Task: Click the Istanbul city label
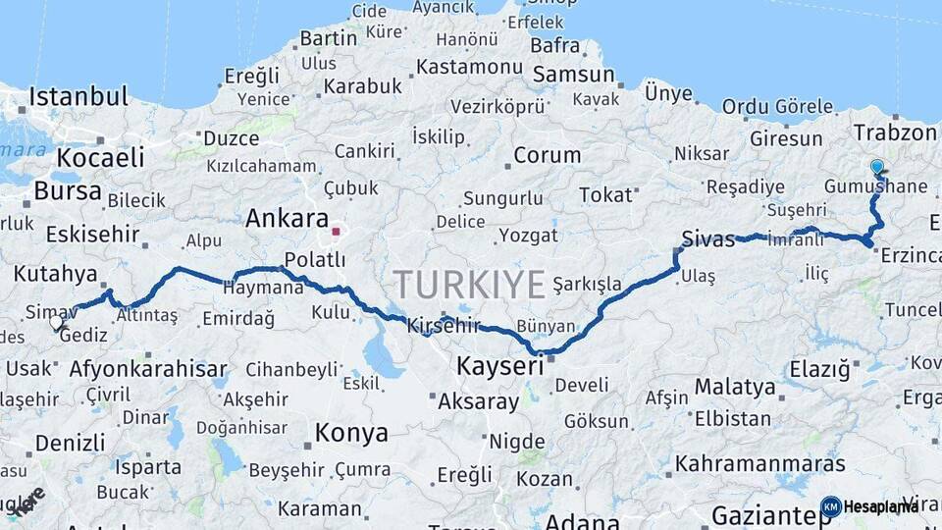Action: click(78, 96)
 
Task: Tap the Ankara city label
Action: click(286, 218)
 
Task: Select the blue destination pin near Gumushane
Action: click(876, 168)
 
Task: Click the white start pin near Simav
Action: click(57, 321)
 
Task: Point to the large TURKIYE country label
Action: click(469, 285)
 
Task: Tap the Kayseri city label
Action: click(500, 366)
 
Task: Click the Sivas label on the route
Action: click(708, 238)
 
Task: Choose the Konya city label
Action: click(351, 433)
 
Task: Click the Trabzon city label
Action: click(895, 132)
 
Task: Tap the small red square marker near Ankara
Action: click(336, 233)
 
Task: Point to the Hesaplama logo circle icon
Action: click(831, 506)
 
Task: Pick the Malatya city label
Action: click(735, 386)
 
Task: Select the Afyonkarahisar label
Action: click(148, 370)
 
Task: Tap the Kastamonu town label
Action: click(469, 67)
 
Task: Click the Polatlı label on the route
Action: click(314, 259)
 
